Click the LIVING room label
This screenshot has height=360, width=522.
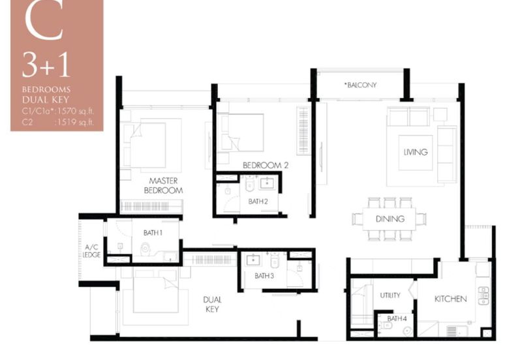416,152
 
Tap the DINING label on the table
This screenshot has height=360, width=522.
390,219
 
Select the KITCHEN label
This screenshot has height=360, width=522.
450,299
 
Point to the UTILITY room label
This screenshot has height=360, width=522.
390,295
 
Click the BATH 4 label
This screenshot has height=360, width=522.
397,318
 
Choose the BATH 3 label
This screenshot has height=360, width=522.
264,276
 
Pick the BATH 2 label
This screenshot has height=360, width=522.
258,202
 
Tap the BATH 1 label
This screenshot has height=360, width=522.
153,233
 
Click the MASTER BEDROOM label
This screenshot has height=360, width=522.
163,186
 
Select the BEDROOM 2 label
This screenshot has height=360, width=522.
266,165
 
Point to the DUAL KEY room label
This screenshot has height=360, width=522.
212,305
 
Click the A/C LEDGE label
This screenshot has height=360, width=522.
91,251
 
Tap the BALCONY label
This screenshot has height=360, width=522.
361,85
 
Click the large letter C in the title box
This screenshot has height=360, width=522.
44,21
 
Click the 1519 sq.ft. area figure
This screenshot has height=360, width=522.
75,122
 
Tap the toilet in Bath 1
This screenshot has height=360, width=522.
145,248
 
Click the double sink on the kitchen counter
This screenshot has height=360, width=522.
483,296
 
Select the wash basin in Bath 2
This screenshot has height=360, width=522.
267,183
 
